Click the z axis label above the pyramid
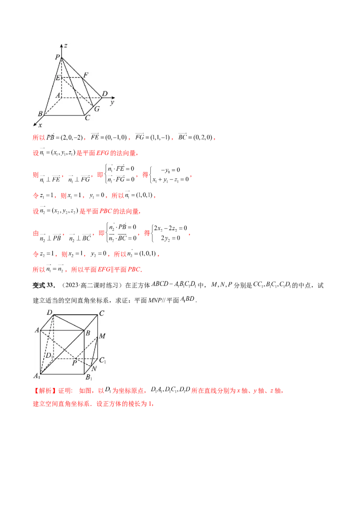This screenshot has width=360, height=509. (66, 46)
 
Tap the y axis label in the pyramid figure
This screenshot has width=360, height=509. (111, 103)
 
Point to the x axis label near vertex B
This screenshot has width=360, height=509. (40, 125)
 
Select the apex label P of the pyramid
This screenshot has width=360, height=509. (57, 57)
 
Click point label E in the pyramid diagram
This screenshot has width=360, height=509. (58, 78)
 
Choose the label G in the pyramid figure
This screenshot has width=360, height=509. (96, 109)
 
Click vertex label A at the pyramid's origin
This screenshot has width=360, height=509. (58, 95)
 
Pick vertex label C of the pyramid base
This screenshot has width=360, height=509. (87, 118)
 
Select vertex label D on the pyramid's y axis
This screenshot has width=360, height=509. (104, 94)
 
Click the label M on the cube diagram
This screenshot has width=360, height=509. (102, 335)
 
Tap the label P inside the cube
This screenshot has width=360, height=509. (74, 362)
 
